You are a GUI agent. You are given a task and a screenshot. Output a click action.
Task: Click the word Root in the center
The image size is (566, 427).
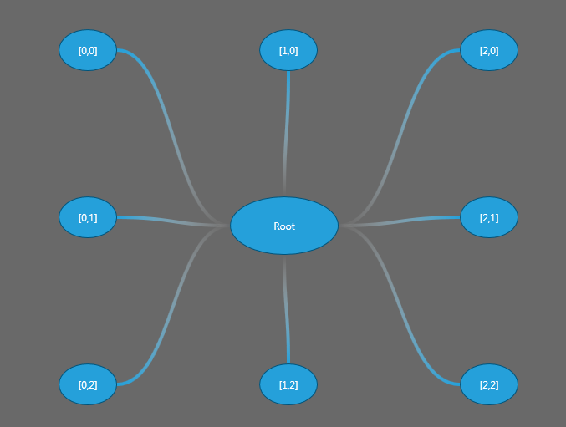[284, 226]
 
